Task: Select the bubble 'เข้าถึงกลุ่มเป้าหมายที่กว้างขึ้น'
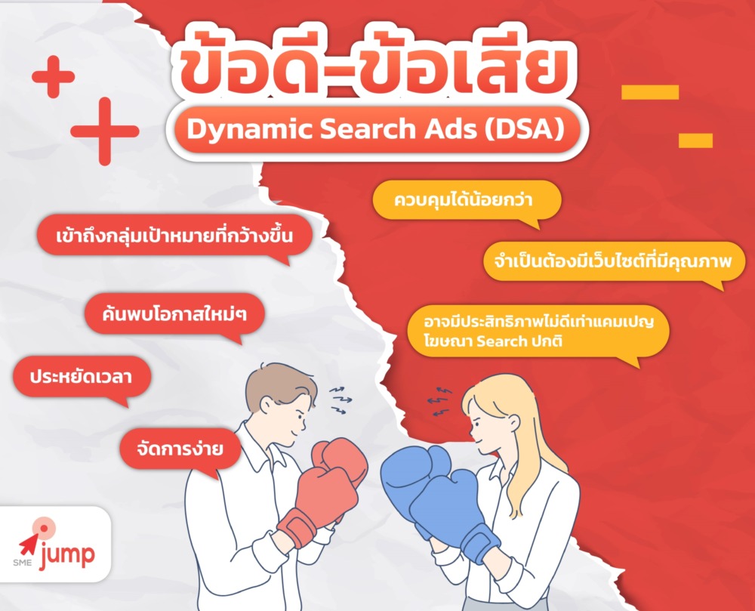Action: (x=174, y=236)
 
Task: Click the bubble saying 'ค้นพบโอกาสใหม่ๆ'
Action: (x=175, y=314)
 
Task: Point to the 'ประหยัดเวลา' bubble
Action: (x=82, y=377)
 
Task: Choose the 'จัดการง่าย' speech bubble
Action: (x=180, y=449)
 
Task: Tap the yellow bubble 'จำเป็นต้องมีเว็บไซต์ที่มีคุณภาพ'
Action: (x=614, y=261)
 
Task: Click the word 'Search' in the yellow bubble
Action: (x=502, y=341)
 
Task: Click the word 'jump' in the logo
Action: (x=67, y=555)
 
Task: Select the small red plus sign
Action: (x=53, y=76)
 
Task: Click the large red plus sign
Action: (x=104, y=131)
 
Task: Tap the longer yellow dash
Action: (x=650, y=92)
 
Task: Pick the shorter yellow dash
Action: (x=695, y=140)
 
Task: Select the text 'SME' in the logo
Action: (x=22, y=562)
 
